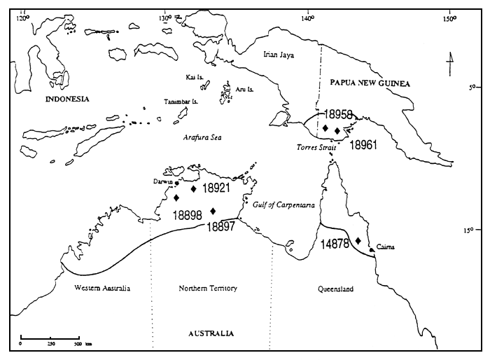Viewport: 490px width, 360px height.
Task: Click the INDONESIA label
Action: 67,99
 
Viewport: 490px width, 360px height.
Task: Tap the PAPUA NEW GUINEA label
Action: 370,83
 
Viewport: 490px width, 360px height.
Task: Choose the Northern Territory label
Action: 209,289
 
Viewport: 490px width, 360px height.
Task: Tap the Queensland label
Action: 335,289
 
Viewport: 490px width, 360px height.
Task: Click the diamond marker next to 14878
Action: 358,241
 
